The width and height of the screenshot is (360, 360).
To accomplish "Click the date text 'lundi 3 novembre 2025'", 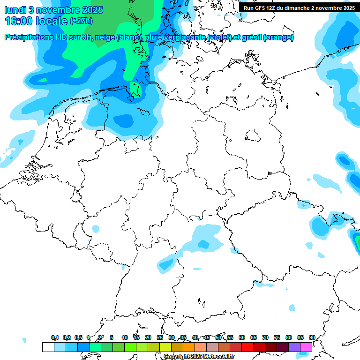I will pyautogui.click(x=54, y=9).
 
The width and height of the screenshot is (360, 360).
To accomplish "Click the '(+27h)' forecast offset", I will pyautogui.click(x=81, y=21).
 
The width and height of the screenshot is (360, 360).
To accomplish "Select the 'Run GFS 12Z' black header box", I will pyautogui.click(x=299, y=7).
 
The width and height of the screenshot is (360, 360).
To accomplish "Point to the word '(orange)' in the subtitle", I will pyautogui.click(x=278, y=37).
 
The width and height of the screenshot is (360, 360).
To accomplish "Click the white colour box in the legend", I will pyautogui.click(x=48, y=347).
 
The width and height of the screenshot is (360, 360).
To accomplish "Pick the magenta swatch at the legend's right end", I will pyautogui.click(x=306, y=347).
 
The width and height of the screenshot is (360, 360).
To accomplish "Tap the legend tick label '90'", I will pyautogui.click(x=312, y=337).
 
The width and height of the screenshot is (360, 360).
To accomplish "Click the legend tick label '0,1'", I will pyautogui.click(x=55, y=337).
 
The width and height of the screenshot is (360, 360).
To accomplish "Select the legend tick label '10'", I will pyautogui.click(x=124, y=337).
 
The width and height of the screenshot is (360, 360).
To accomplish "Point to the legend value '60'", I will pyautogui.click(x=241, y=337).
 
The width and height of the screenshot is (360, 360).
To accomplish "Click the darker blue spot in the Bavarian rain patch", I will pyautogui.click(x=203, y=244).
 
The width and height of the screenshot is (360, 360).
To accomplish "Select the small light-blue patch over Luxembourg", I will pyautogui.click(x=96, y=229).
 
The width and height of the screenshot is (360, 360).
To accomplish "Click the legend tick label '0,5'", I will pyautogui.click(x=78, y=337).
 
